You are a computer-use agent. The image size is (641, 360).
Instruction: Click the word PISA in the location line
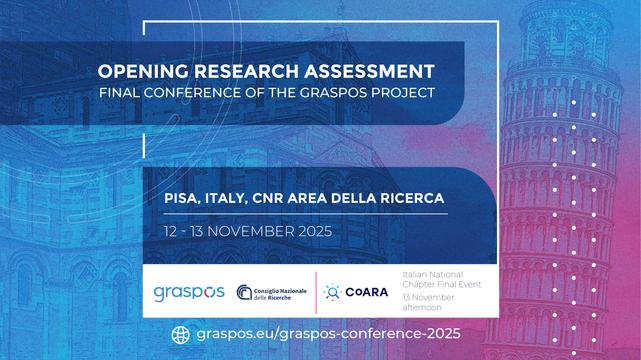coord(184,198)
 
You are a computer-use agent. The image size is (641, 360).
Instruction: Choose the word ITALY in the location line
coord(236,198)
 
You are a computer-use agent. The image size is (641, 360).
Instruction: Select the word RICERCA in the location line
coord(406,198)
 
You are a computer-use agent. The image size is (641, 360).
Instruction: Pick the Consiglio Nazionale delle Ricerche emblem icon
coord(244,292)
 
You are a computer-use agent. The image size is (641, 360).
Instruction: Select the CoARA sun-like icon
coord(332,292)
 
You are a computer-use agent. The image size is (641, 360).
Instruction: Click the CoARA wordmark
coord(366,292)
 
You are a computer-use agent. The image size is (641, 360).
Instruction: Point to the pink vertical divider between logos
coord(316,291)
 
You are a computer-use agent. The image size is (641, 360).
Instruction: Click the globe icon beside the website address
coord(181,334)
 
